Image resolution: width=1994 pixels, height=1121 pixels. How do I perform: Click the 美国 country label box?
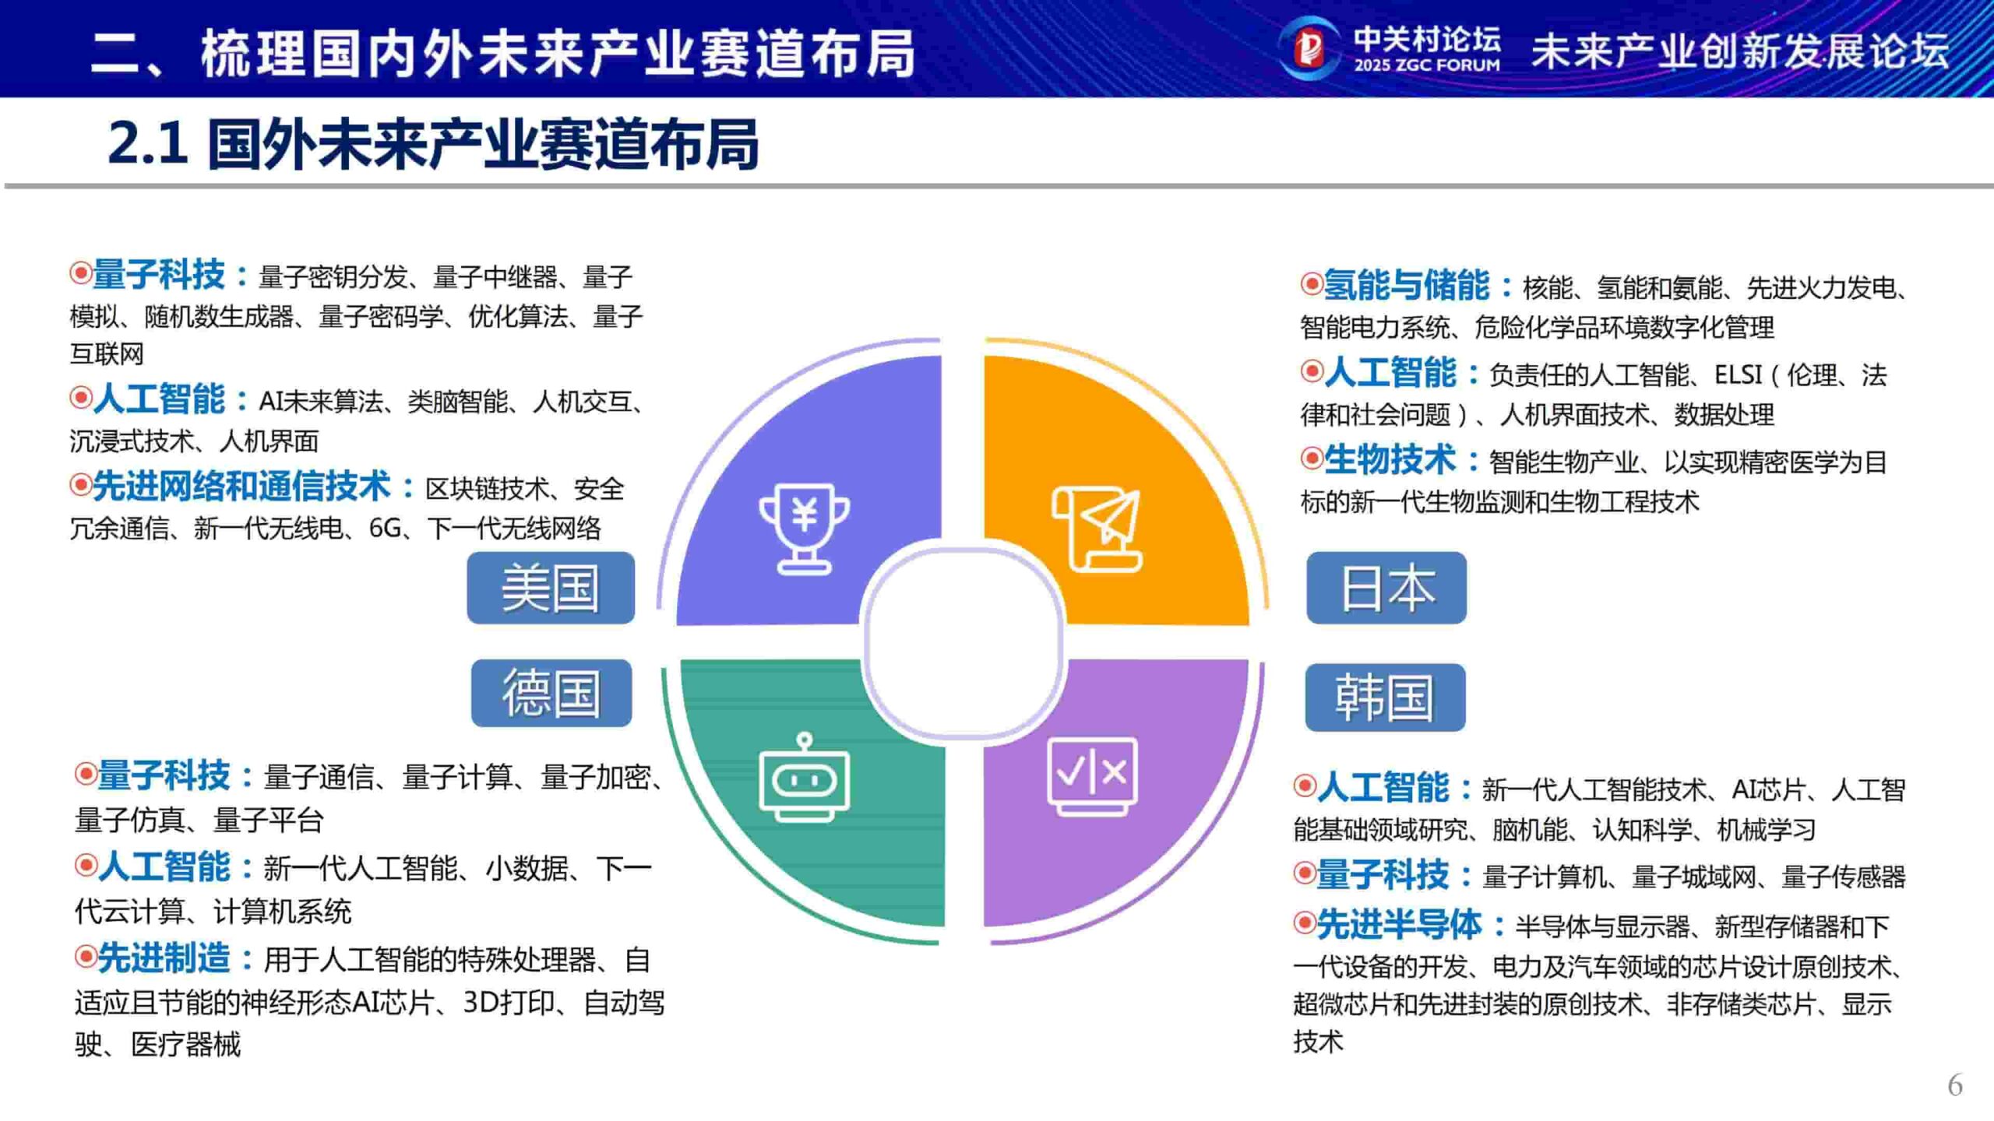coord(551,588)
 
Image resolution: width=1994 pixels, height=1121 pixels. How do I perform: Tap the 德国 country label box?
coord(551,693)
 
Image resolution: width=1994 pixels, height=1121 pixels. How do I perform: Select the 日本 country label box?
coord(1386,588)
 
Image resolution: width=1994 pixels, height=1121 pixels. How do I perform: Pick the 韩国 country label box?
coord(1385,698)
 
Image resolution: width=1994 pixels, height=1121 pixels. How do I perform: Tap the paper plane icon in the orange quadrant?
coord(1097,529)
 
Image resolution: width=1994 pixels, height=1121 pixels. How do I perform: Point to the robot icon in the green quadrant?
coord(804,778)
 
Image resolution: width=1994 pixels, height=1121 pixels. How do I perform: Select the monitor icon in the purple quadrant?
coord(1092,775)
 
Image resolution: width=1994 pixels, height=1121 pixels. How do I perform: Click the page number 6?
coord(1955,1085)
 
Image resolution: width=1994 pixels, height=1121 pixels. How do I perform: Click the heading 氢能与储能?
coord(1407,286)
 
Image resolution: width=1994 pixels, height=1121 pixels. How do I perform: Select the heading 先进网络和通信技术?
coord(241,487)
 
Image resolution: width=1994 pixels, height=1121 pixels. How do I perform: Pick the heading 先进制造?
coord(164,958)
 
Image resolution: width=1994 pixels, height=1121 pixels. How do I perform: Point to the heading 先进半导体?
coord(1399,925)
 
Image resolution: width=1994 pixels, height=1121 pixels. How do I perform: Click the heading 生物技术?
coord(1390,460)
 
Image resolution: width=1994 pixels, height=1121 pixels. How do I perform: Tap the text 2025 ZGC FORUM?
coord(1427,65)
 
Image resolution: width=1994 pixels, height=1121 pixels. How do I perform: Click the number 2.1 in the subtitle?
coord(148,143)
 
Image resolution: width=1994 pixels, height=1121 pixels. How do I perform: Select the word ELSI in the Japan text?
coord(1738,376)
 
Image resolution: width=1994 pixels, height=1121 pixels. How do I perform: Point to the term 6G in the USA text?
coord(384,529)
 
